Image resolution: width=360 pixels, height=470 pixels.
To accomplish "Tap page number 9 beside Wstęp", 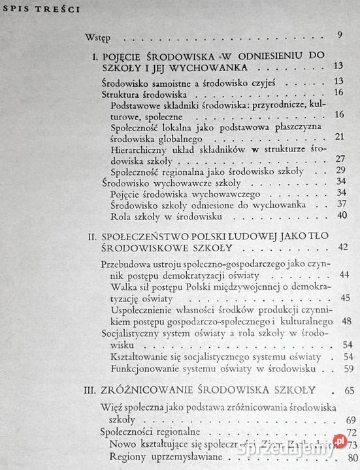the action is [x=340, y=35].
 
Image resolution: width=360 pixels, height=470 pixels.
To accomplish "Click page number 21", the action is [x=338, y=136].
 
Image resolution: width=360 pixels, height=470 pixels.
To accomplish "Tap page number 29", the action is [x=338, y=172].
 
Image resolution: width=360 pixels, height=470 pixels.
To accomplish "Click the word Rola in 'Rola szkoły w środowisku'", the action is [x=121, y=216].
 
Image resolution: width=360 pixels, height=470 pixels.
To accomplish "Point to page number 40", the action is [x=338, y=216].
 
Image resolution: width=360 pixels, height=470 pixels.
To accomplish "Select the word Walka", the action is [x=125, y=287].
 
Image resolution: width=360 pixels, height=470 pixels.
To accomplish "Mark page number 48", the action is [x=347, y=321].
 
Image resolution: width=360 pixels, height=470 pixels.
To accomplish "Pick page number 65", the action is [x=347, y=391].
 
